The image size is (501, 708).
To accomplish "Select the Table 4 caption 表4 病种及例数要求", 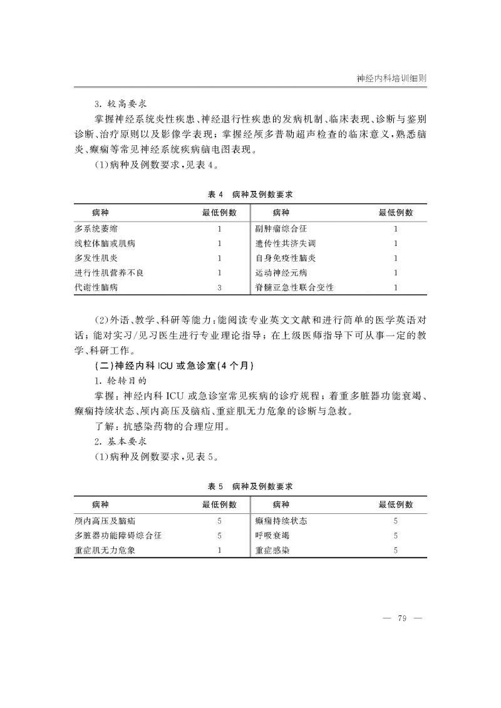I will (x=250, y=194).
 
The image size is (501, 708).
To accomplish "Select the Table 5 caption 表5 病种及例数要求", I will (x=250, y=486).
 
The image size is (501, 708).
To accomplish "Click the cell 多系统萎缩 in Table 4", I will (x=96, y=229).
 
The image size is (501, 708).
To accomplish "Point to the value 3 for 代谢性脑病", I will (x=219, y=287).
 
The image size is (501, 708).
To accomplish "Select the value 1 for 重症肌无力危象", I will (x=219, y=551).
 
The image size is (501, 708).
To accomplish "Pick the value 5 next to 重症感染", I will (x=396, y=551).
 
